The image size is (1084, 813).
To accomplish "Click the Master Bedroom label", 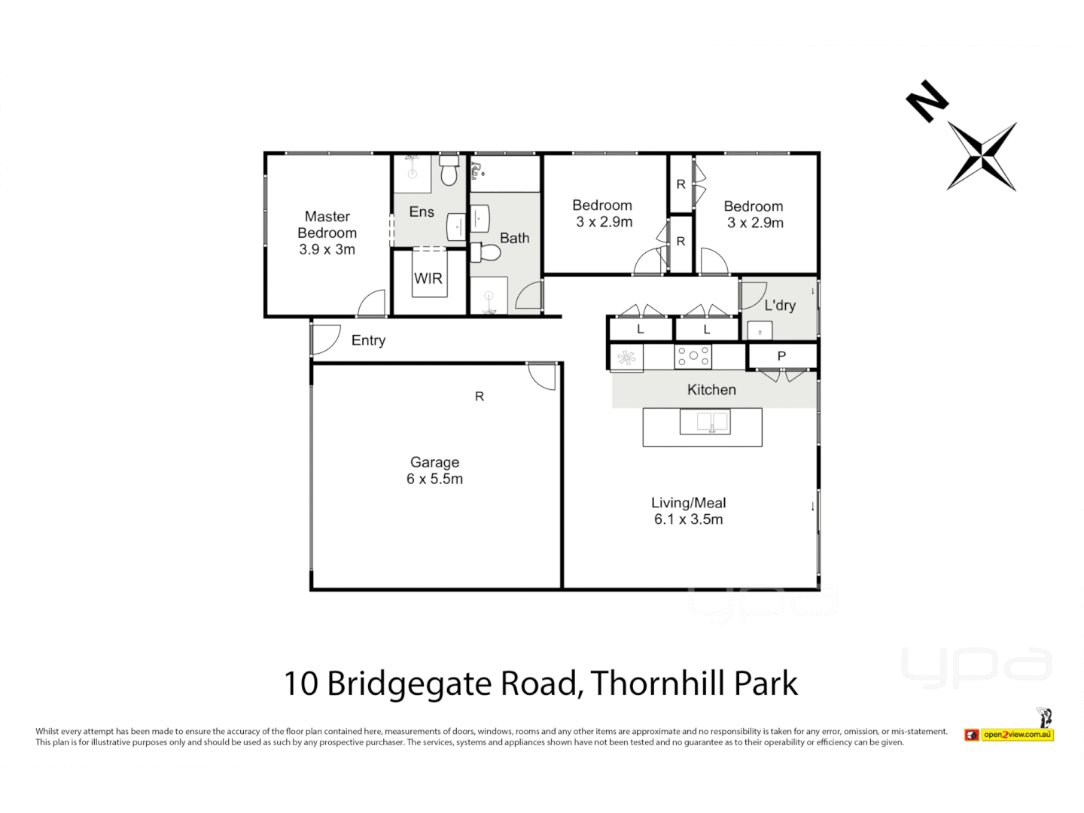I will click(327, 233).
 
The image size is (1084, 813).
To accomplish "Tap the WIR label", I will click(428, 279).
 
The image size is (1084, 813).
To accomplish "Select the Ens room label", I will click(422, 212).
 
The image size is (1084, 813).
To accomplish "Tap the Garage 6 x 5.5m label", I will click(434, 470).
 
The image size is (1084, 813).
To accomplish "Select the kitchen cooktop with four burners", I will click(693, 356).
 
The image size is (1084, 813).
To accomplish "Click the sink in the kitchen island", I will click(705, 422).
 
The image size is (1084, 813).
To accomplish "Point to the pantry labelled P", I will click(781, 356).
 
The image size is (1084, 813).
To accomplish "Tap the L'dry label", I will click(780, 305).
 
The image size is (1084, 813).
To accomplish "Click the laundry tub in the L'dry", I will click(760, 330).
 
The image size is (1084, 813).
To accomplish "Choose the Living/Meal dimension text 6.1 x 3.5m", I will click(688, 519).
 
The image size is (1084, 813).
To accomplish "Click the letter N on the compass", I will click(926, 101).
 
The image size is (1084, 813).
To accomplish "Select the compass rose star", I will click(982, 157).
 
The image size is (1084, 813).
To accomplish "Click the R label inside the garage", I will click(479, 397).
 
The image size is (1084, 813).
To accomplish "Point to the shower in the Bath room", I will click(489, 295).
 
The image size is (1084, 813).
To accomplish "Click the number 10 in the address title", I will click(301, 684).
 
